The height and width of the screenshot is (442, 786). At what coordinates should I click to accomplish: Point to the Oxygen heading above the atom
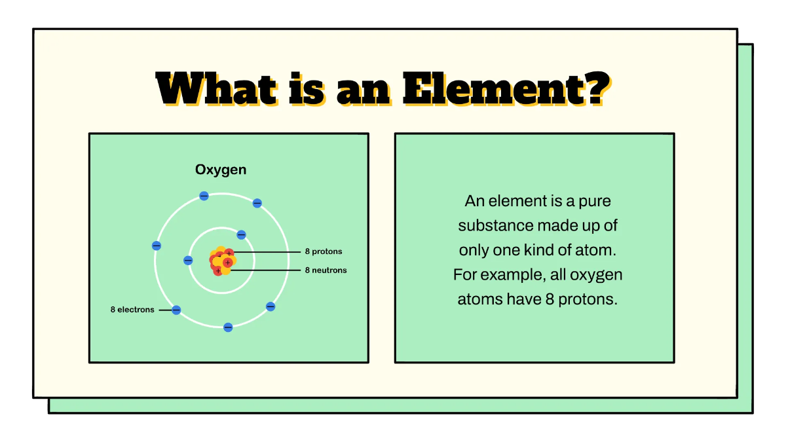tap(221, 170)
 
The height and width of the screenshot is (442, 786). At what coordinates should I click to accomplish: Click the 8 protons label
tap(323, 251)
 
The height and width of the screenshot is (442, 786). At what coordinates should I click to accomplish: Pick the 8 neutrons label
tap(326, 270)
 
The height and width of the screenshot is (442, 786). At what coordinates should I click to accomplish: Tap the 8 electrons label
tap(132, 310)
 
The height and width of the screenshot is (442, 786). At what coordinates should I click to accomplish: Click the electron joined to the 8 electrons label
tap(176, 310)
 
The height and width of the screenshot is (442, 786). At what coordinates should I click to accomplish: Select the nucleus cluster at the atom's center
tap(222, 261)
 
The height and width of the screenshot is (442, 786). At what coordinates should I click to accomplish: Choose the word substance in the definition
tap(495, 226)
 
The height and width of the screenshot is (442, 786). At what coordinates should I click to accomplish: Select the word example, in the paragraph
tap(510, 275)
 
